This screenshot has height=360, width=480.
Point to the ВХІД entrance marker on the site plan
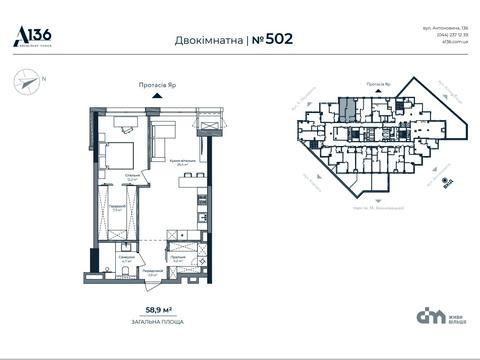[445, 184]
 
